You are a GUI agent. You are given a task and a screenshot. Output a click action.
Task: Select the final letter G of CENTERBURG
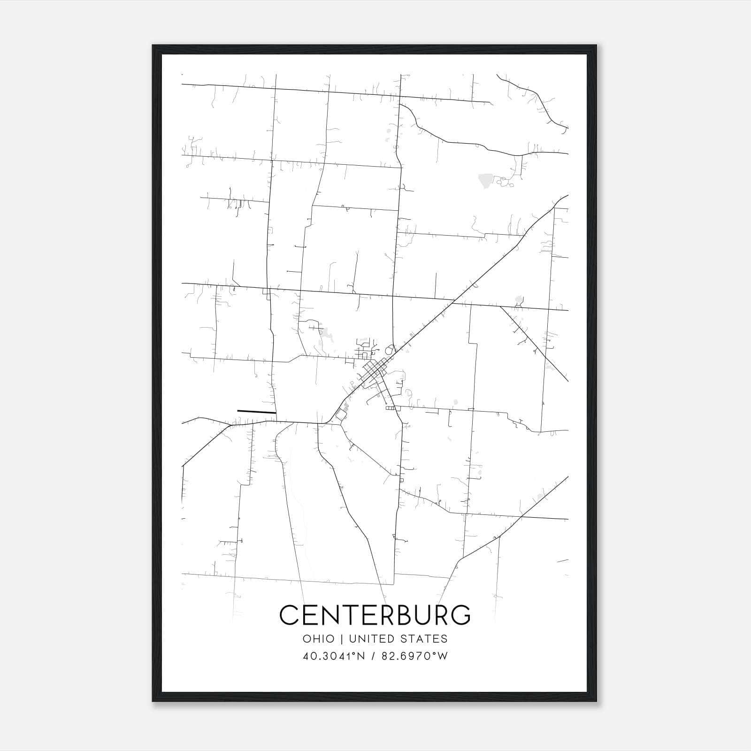point(460,614)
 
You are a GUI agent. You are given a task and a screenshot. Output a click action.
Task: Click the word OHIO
point(319,639)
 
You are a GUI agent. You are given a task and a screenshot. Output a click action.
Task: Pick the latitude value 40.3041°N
point(334,656)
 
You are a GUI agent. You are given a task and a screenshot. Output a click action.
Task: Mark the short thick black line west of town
point(256,412)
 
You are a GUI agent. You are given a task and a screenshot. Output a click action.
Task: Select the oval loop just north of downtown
point(389,350)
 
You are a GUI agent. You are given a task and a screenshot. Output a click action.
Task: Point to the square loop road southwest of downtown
point(341,414)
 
